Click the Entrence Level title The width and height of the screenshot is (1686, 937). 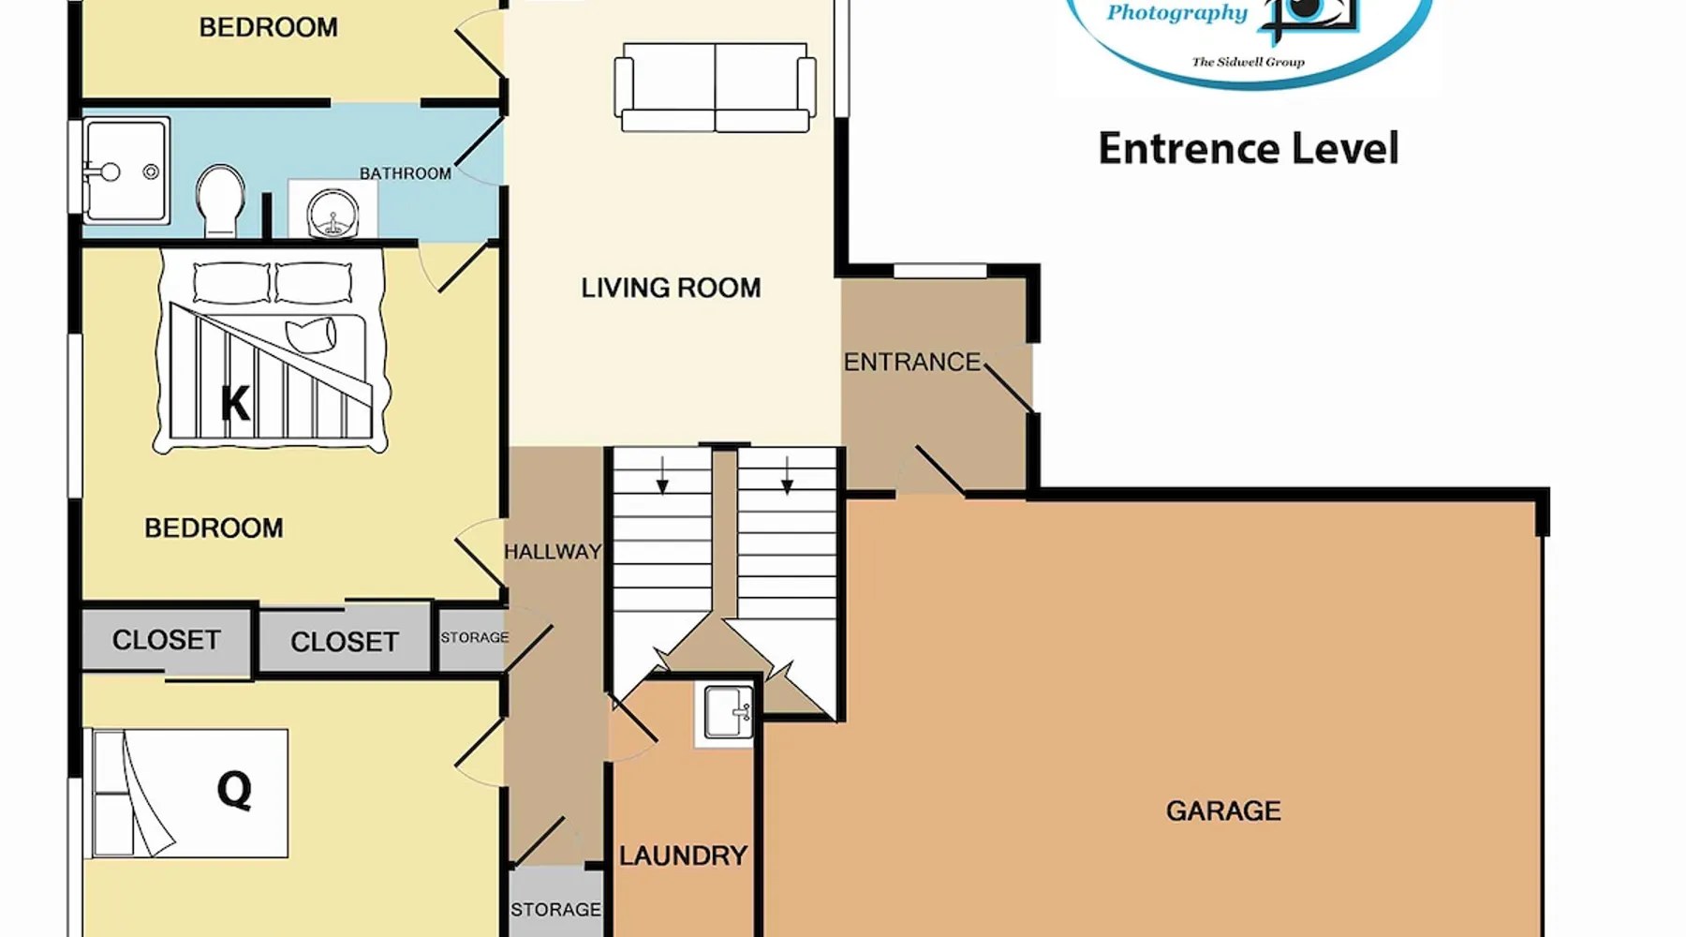coord(1249,149)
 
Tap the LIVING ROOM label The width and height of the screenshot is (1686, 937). coord(671,288)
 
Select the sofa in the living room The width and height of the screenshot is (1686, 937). coord(715,87)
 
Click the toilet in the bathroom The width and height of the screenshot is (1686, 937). coord(220,201)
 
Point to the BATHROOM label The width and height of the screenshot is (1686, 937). coord(406,173)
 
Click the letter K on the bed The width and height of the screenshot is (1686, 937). coord(235,403)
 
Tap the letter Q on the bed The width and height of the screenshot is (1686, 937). coord(234,790)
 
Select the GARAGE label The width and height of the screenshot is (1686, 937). coord(1223,811)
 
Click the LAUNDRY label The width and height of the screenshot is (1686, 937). coord(683,855)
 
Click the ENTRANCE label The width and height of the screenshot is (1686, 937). coord(911,362)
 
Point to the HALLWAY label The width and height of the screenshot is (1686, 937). coord(553,552)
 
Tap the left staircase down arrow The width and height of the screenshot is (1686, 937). coord(662,475)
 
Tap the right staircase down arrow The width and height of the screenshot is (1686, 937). coord(787,475)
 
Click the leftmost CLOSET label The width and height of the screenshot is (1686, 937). coord(167,640)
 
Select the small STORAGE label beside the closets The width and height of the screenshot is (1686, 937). coord(475,637)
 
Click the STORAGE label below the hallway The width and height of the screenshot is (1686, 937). coord(555,910)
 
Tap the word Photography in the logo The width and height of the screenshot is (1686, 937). coord(1177,13)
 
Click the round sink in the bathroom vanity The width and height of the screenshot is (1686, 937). coord(333,213)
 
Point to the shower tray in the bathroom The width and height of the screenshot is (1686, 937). coord(126,171)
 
